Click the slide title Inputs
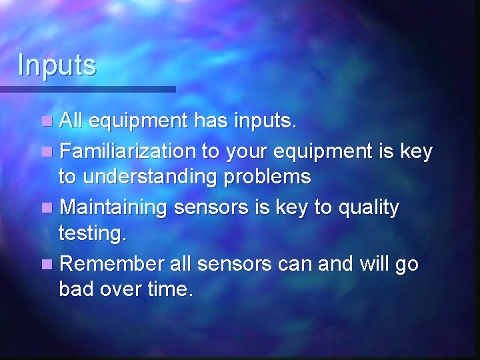pyautogui.click(x=57, y=65)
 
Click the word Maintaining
pyautogui.click(x=113, y=207)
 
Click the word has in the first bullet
pyautogui.click(x=211, y=122)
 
